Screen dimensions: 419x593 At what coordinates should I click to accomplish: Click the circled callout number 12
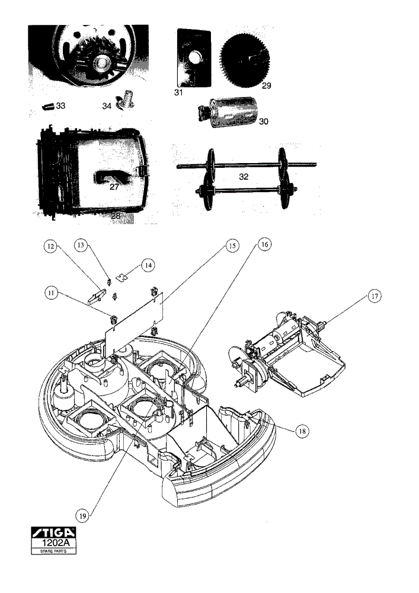[x=50, y=247]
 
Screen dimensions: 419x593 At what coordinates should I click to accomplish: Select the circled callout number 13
[x=81, y=245]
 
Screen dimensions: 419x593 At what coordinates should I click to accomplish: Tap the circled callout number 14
[x=149, y=266]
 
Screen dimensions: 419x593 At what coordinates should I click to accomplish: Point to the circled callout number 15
[x=232, y=246]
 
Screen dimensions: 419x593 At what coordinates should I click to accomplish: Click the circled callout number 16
[x=264, y=245]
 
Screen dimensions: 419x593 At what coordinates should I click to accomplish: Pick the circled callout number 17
[x=375, y=296]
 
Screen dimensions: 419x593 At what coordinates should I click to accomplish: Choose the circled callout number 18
[x=302, y=431]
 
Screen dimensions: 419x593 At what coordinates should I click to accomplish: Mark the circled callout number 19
[x=83, y=515]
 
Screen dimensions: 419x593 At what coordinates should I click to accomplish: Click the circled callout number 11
[x=51, y=293]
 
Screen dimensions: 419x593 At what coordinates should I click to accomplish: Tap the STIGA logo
[x=53, y=533]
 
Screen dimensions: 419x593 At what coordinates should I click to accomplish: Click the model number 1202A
[x=54, y=543]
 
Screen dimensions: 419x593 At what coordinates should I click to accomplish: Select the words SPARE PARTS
[x=53, y=551]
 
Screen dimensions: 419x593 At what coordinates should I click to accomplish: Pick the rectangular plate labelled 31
[x=194, y=58]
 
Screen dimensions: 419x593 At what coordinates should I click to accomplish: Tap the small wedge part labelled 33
[x=48, y=106]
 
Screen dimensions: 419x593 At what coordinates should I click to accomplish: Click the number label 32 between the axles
[x=244, y=177]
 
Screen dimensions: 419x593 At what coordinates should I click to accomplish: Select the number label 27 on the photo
[x=114, y=186]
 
